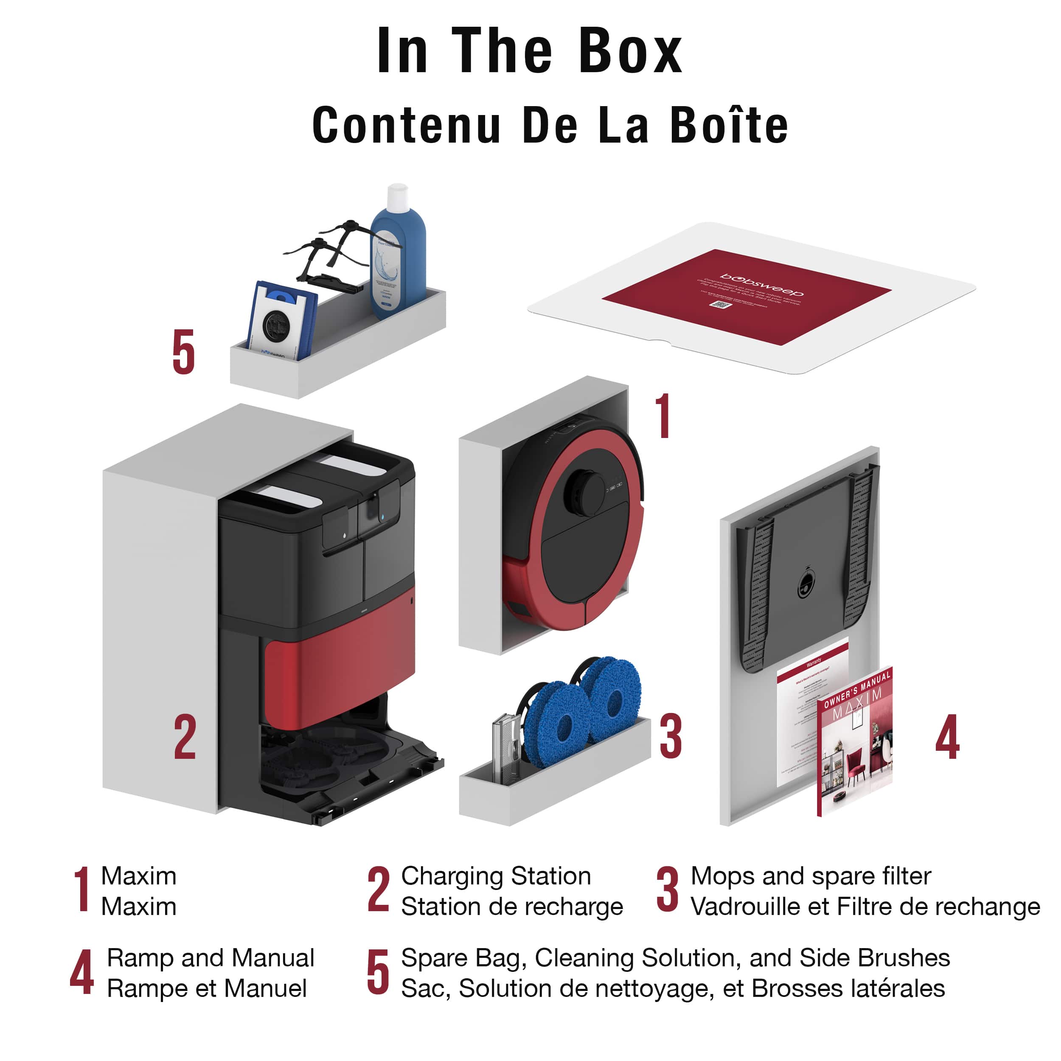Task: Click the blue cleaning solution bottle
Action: [398, 264]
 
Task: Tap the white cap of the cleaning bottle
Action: [397, 197]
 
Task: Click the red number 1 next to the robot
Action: [663, 416]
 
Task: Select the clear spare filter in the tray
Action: [505, 747]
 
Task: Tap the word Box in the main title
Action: [630, 52]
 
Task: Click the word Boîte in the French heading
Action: [729, 126]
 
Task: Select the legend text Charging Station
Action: [496, 876]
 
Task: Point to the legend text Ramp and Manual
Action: [211, 958]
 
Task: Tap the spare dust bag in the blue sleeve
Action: [280, 321]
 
